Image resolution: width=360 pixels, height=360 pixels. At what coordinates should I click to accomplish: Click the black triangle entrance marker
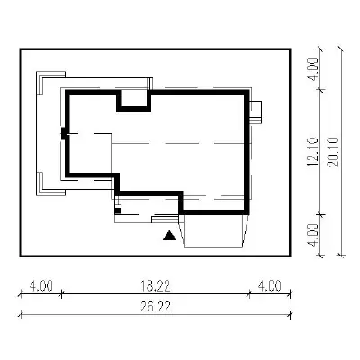click(x=170, y=236)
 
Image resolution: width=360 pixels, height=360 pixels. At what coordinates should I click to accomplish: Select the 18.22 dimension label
click(x=156, y=286)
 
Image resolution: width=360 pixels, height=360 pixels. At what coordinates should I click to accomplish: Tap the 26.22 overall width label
click(x=156, y=307)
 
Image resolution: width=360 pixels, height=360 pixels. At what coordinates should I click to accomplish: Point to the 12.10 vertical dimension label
click(x=312, y=152)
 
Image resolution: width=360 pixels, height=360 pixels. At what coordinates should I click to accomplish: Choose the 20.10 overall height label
click(x=333, y=152)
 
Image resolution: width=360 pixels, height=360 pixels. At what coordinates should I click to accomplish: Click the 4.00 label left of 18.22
click(x=41, y=286)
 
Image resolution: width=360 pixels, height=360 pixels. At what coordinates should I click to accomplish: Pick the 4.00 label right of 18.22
click(x=270, y=286)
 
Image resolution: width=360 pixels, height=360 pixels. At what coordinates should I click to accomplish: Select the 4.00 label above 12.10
click(x=312, y=69)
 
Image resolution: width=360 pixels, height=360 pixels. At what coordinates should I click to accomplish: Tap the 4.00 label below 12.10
click(x=312, y=235)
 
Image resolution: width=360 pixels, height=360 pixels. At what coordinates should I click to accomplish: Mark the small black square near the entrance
click(x=118, y=211)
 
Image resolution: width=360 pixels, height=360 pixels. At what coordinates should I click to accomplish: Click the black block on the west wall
click(x=64, y=134)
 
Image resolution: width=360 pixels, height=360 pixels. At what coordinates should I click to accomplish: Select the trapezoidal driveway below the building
click(x=214, y=231)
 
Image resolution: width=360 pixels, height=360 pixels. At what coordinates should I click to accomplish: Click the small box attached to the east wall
click(x=256, y=112)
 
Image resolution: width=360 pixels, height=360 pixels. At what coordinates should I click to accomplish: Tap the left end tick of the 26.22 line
click(x=21, y=315)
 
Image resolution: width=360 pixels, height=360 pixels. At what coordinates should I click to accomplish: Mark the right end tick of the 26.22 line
click(x=291, y=315)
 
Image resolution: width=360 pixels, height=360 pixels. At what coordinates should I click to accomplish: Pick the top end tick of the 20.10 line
click(x=341, y=49)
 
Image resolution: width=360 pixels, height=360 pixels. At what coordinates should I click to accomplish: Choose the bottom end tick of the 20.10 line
click(x=341, y=256)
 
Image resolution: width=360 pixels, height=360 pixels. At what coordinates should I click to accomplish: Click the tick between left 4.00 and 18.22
click(x=61, y=294)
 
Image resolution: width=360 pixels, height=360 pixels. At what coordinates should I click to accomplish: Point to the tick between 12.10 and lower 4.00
click(x=321, y=214)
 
